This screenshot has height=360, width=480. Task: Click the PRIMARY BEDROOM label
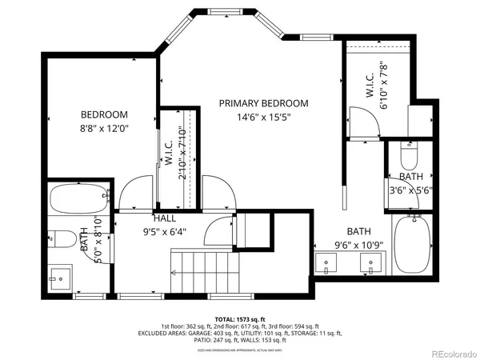[264, 103]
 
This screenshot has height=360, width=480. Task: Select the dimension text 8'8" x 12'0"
[104, 127]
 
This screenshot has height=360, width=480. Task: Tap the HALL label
[165, 218]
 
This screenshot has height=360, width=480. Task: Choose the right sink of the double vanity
[371, 261]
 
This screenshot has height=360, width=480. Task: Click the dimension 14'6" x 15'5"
[264, 117]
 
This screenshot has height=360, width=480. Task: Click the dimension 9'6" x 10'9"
[359, 246]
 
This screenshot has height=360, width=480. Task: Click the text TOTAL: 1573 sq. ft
[240, 319]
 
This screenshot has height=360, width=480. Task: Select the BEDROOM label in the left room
[104, 114]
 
